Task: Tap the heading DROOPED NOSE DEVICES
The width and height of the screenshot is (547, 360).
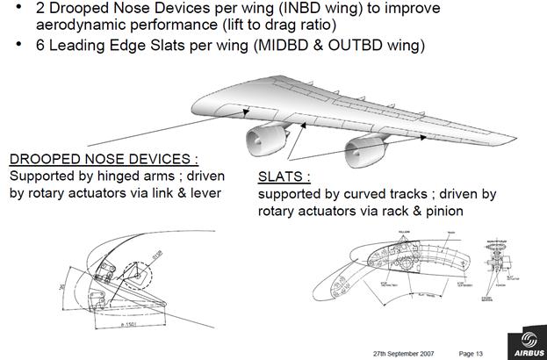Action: (103, 159)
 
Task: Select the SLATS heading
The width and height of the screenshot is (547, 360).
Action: (282, 176)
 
